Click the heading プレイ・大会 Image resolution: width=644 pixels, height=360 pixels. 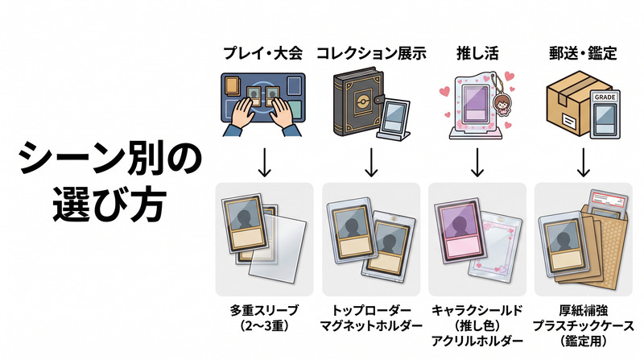click(x=263, y=53)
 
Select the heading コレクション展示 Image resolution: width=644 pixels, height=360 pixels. click(x=371, y=53)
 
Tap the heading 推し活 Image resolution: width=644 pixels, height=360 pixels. click(x=477, y=53)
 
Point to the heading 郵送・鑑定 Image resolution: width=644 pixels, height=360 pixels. click(x=583, y=53)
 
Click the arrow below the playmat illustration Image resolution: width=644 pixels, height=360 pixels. click(x=265, y=163)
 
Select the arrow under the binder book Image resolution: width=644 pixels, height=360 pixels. click(x=371, y=163)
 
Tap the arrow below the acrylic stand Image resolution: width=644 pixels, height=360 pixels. click(x=477, y=163)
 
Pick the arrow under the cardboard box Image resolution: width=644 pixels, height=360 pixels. click(x=583, y=163)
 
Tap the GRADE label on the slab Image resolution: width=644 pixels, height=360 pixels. click(x=605, y=97)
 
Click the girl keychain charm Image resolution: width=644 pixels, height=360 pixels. click(x=501, y=105)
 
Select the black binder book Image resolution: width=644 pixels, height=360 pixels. click(x=357, y=104)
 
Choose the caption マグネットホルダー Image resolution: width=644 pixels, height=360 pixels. click(x=371, y=326)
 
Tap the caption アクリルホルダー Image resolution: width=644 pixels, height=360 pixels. click(x=477, y=341)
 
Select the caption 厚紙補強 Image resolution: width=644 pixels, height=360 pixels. click(x=583, y=310)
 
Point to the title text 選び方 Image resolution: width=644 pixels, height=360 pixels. click(x=109, y=205)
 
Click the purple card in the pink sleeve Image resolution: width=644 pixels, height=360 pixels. click(x=457, y=232)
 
